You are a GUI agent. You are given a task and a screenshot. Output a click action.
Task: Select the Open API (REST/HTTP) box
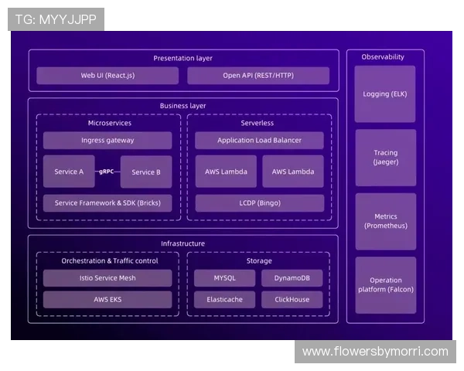coord(258,76)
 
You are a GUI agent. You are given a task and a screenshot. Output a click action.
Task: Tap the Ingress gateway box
coord(107,141)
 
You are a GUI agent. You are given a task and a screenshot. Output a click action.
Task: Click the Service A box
coord(69,172)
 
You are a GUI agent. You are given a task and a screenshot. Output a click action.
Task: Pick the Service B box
coord(146,172)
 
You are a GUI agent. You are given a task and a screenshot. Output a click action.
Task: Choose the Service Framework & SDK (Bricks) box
coord(107,203)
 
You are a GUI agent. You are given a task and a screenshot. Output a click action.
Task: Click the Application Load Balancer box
coord(259,141)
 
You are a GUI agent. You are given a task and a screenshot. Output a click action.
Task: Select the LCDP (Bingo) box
coord(259,203)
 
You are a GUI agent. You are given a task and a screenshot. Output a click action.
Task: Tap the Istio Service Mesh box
coord(107,278)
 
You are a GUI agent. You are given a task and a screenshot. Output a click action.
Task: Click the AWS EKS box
coord(107,299)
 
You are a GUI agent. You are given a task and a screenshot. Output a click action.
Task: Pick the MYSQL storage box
coord(224,278)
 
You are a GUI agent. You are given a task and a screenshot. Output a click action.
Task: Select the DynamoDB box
coord(292,278)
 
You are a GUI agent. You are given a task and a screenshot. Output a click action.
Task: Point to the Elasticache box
coord(224,299)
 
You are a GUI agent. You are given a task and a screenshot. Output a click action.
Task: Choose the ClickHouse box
coord(292,299)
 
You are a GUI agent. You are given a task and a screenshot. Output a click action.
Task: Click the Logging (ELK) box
coord(385,94)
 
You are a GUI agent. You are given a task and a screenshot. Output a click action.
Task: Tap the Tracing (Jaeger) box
coord(385,158)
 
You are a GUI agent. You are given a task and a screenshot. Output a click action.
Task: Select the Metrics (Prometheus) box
coord(385,221)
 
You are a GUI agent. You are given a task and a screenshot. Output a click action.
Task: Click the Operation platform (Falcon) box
coord(385,285)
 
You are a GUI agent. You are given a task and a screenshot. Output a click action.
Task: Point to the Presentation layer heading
coord(183,58)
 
